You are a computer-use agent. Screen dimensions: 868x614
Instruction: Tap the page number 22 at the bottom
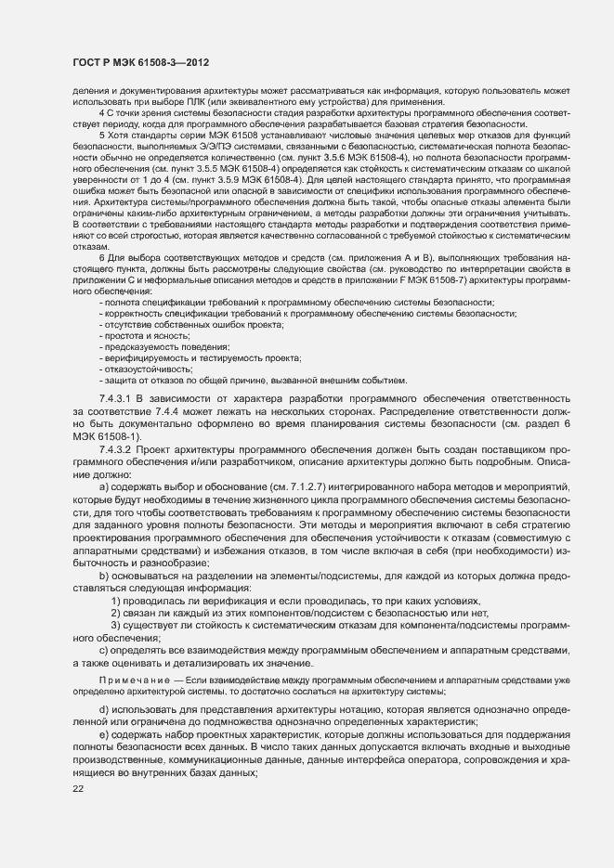tap(78, 789)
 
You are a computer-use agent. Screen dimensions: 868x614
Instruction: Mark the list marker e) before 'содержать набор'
tap(102, 735)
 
